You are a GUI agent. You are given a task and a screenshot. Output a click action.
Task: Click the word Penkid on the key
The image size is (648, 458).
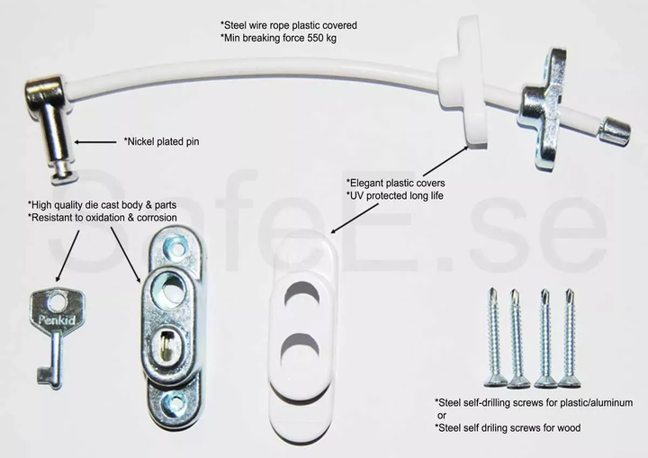pos(55,319)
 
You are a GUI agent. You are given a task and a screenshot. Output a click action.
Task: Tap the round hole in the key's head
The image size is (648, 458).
pos(57,301)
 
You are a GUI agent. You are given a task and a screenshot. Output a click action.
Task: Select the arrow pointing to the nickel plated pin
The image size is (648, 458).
pos(95,142)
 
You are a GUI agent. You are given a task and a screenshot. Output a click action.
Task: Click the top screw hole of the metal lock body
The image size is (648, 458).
pos(178,249)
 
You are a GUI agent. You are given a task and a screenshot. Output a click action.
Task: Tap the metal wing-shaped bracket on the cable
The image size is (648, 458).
pos(544,109)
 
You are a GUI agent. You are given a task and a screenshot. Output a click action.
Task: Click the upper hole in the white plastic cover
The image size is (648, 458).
pos(302,295)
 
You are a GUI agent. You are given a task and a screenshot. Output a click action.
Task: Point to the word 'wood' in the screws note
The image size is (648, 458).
pos(569,427)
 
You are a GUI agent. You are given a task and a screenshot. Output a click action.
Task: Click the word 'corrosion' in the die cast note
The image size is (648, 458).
pos(157,218)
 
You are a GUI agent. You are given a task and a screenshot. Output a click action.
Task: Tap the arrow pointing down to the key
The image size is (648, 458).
pos(67,256)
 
